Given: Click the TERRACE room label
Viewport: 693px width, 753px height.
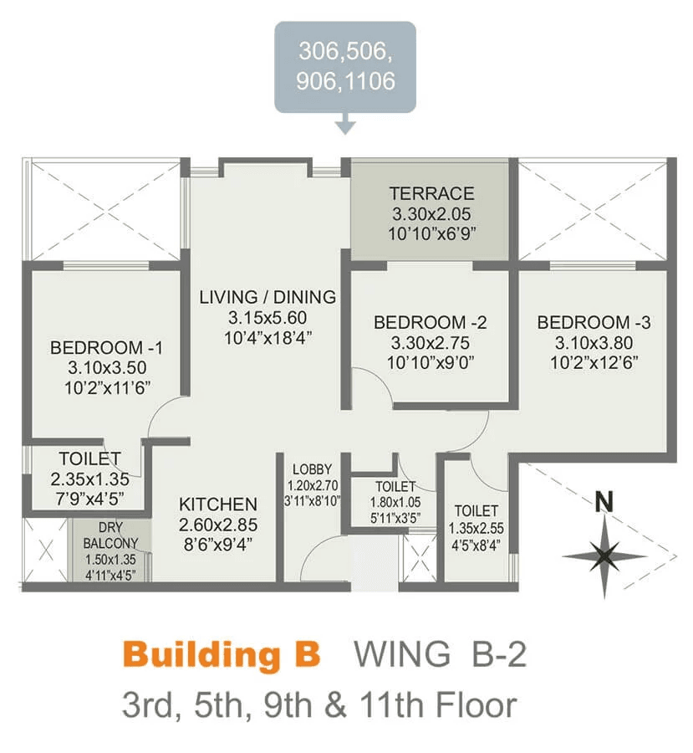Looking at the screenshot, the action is point(431,193).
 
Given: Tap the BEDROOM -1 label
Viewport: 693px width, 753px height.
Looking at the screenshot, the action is point(106,347).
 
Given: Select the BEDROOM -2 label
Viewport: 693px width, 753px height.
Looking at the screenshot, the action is point(430,322).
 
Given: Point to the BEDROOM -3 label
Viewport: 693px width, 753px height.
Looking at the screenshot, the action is point(594,322).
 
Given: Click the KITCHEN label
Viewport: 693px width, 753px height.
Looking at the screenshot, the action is point(218,505).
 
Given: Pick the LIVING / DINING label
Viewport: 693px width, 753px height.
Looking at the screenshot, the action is point(268,297).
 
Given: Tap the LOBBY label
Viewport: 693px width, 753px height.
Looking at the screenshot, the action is point(312,469).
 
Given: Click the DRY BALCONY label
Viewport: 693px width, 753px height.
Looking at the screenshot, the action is point(110,535).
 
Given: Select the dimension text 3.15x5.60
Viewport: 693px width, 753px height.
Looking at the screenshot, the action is point(268,318).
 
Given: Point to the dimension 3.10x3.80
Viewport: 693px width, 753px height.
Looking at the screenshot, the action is point(594,343).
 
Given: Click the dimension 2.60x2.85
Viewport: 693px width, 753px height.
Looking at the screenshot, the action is point(218,525).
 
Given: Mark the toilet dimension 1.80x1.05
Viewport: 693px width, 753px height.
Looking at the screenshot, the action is point(395,502).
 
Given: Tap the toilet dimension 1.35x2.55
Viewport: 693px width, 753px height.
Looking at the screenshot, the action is point(476,528).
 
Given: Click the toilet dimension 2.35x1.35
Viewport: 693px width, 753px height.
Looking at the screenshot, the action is point(89,479).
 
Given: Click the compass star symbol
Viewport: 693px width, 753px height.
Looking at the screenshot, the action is point(604,557).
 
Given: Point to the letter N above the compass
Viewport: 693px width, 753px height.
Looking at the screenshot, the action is point(604,502).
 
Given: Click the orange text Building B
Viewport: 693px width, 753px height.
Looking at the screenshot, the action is point(222,654).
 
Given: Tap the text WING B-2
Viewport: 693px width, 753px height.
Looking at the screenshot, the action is point(440,653).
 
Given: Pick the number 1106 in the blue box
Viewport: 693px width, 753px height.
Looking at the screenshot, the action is point(369,80).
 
